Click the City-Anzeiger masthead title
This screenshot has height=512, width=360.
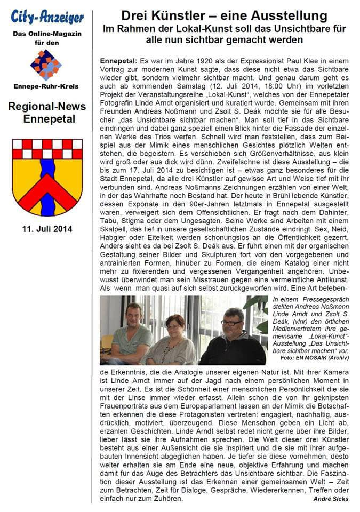[x=47, y=17]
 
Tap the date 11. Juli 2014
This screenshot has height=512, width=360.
[x=47, y=229]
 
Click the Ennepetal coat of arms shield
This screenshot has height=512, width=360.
[x=47, y=177]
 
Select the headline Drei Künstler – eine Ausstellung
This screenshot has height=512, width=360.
[x=224, y=16]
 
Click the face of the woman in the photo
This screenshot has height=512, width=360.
[x=175, y=324]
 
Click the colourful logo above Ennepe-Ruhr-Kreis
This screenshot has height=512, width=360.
[x=46, y=65]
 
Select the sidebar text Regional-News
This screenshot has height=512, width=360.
[x=47, y=106]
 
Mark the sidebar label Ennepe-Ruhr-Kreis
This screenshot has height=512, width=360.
[x=47, y=86]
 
